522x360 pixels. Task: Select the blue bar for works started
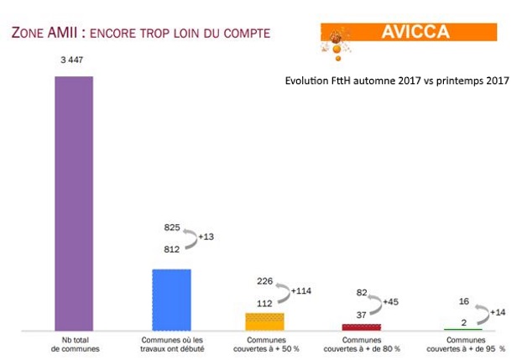(x=171, y=300)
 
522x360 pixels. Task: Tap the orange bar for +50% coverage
(x=264, y=321)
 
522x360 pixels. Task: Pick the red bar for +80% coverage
(x=361, y=326)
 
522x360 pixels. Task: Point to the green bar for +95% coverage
(x=457, y=329)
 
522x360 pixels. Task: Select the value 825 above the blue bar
(x=171, y=227)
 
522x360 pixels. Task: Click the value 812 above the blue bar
(x=171, y=248)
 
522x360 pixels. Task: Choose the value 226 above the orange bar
(x=265, y=281)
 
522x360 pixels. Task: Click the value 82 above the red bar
(x=362, y=292)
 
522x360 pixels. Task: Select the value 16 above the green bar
(x=463, y=300)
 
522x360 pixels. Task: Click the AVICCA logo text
(x=415, y=33)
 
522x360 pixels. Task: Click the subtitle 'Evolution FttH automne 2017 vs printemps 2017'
(x=398, y=81)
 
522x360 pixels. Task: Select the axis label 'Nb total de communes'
(x=74, y=345)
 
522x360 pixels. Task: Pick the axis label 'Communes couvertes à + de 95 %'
(x=467, y=345)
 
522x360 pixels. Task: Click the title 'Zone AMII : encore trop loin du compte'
(x=139, y=34)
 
